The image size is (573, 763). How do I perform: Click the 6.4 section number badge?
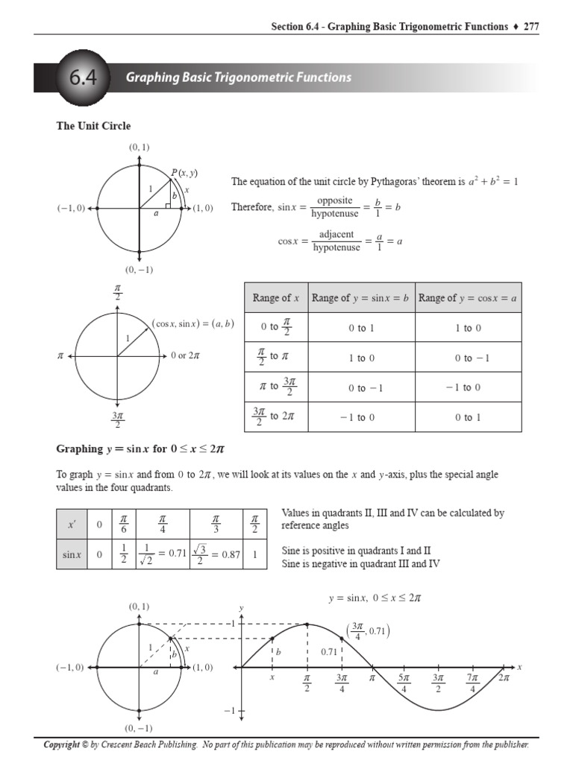pyautogui.click(x=78, y=77)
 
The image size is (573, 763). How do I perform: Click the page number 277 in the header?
pyautogui.click(x=530, y=27)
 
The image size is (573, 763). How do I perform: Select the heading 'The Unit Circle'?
pyautogui.click(x=93, y=126)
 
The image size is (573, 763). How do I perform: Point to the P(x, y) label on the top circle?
pyautogui.click(x=184, y=173)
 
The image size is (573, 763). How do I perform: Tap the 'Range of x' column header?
pyautogui.click(x=275, y=298)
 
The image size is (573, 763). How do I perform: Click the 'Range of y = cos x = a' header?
pyautogui.click(x=468, y=298)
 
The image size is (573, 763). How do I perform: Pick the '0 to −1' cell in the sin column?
pyautogui.click(x=361, y=387)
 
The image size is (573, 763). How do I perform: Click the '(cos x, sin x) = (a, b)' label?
pyautogui.click(x=192, y=323)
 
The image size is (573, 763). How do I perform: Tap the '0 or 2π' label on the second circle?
pyautogui.click(x=185, y=356)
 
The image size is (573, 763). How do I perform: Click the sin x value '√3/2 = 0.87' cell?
pyautogui.click(x=216, y=554)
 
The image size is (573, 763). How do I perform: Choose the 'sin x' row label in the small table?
pyautogui.click(x=72, y=554)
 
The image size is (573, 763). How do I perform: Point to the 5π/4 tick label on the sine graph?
pyautogui.click(x=404, y=683)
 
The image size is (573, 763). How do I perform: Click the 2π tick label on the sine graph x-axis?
pyautogui.click(x=504, y=679)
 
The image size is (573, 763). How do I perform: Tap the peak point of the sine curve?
pyautogui.click(x=307, y=624)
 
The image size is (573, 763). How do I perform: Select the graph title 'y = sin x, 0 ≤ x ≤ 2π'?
pyautogui.click(x=379, y=598)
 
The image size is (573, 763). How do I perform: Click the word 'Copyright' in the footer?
pyautogui.click(x=62, y=744)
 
